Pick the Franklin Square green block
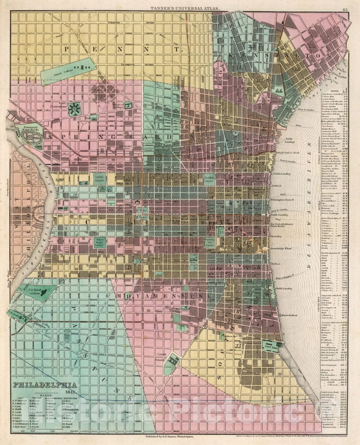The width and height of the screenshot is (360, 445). pos(210,179)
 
